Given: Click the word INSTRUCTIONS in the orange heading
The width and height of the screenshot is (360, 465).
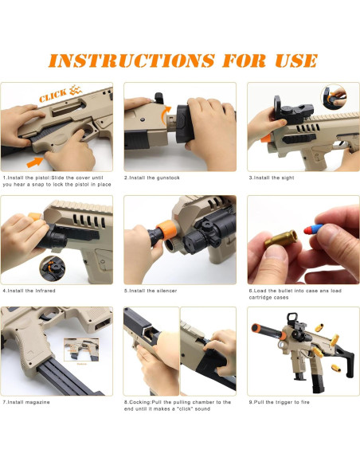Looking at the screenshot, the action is (x=131, y=61).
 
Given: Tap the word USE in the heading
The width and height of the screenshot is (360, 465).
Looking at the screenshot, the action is (x=296, y=61).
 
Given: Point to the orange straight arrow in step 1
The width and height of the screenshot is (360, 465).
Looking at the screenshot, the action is (x=35, y=162).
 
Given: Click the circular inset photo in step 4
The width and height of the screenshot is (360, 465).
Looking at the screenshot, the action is (x=53, y=268).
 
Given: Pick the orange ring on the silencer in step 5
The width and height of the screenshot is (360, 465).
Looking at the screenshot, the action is (x=168, y=229).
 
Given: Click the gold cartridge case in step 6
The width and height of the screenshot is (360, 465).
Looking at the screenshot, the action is (x=281, y=239).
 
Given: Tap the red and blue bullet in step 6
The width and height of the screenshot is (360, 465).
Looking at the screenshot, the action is (x=313, y=229).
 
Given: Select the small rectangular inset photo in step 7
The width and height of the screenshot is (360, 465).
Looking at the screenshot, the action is (x=81, y=350).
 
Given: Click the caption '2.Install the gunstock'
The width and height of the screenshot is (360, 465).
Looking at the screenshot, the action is (x=152, y=178).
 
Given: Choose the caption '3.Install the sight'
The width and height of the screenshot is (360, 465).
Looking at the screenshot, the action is (x=272, y=178).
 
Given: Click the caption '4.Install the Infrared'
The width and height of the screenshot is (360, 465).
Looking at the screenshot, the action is (x=29, y=291).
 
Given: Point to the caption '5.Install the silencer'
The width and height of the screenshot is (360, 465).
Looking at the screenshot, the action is (x=151, y=291).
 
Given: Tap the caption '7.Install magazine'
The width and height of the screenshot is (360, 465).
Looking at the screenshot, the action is (x=26, y=402).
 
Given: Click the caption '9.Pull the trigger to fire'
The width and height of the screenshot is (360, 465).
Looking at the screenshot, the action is (x=279, y=402).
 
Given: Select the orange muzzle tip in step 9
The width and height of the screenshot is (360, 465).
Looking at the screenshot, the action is (x=255, y=328).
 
